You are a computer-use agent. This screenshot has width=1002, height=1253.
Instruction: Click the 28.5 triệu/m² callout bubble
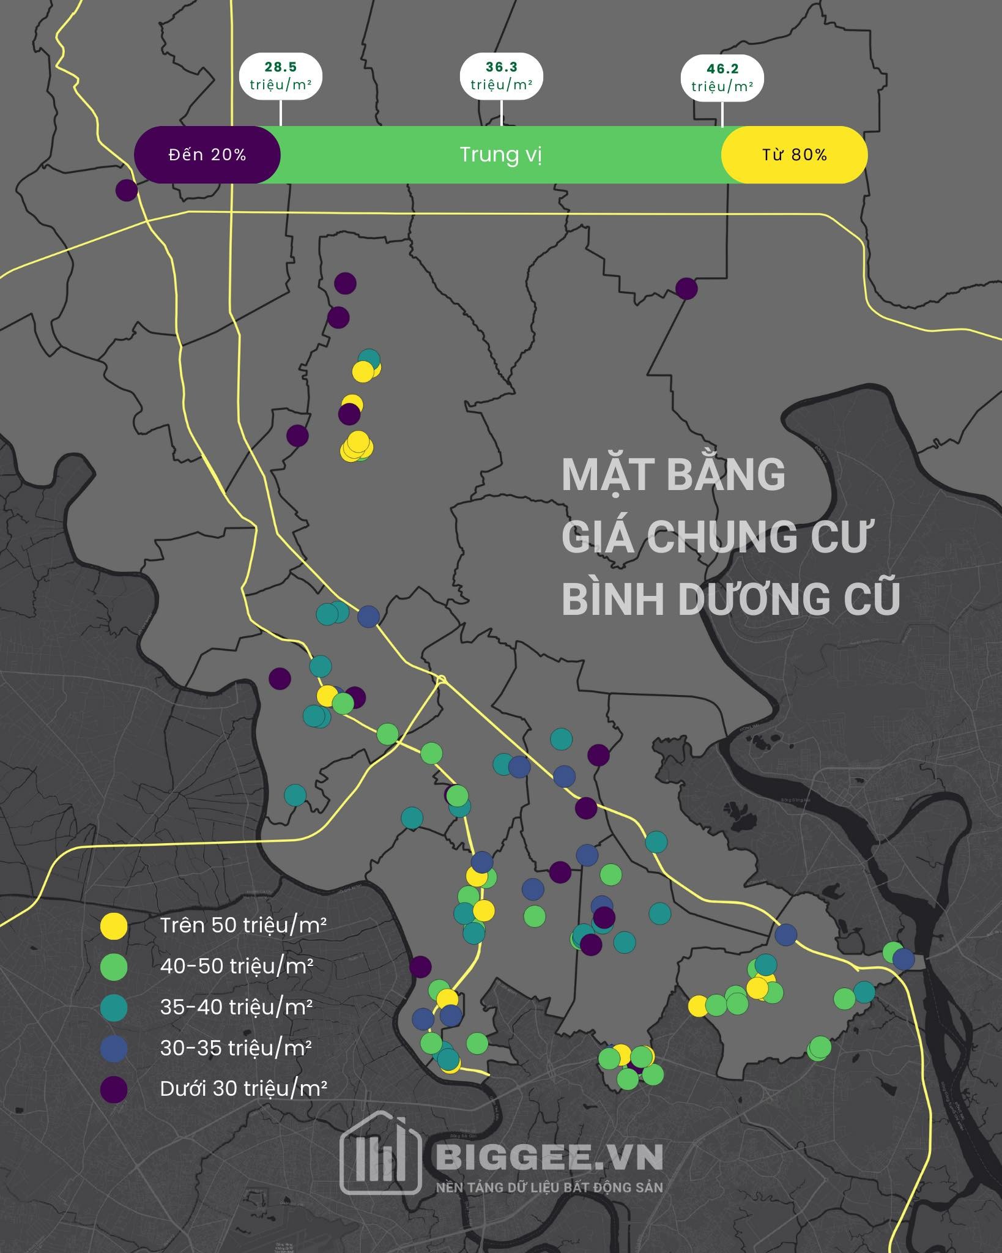[x=281, y=76]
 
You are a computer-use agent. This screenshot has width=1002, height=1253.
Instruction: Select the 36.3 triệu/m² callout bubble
[x=502, y=76]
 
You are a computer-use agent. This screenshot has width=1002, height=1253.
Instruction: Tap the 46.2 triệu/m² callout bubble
[x=722, y=78]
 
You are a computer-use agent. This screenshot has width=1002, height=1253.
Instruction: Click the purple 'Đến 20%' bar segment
[x=207, y=155]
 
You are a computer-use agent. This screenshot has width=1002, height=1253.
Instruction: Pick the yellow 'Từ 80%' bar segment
[x=794, y=155]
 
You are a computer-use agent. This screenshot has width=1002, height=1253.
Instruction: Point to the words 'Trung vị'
[x=501, y=155]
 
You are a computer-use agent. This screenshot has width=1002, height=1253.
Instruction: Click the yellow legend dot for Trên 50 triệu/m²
[x=114, y=926]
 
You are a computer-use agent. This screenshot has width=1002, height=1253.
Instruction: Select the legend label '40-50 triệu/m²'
[x=237, y=967]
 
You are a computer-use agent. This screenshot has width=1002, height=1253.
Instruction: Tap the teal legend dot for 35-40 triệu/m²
[x=114, y=1008]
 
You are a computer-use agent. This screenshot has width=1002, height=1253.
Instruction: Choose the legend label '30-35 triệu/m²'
[x=236, y=1048]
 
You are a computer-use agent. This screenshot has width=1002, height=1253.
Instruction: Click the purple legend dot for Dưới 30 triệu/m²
[x=114, y=1090]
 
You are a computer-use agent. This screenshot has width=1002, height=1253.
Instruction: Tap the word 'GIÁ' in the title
[x=596, y=537]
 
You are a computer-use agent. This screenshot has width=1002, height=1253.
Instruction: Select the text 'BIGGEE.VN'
[x=549, y=1156]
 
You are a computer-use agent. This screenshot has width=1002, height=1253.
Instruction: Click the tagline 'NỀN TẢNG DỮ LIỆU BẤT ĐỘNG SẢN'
[x=549, y=1188]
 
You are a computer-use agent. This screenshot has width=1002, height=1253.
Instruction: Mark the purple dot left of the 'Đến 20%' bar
[x=127, y=190]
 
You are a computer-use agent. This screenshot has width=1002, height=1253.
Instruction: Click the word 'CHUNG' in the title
[x=721, y=537]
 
